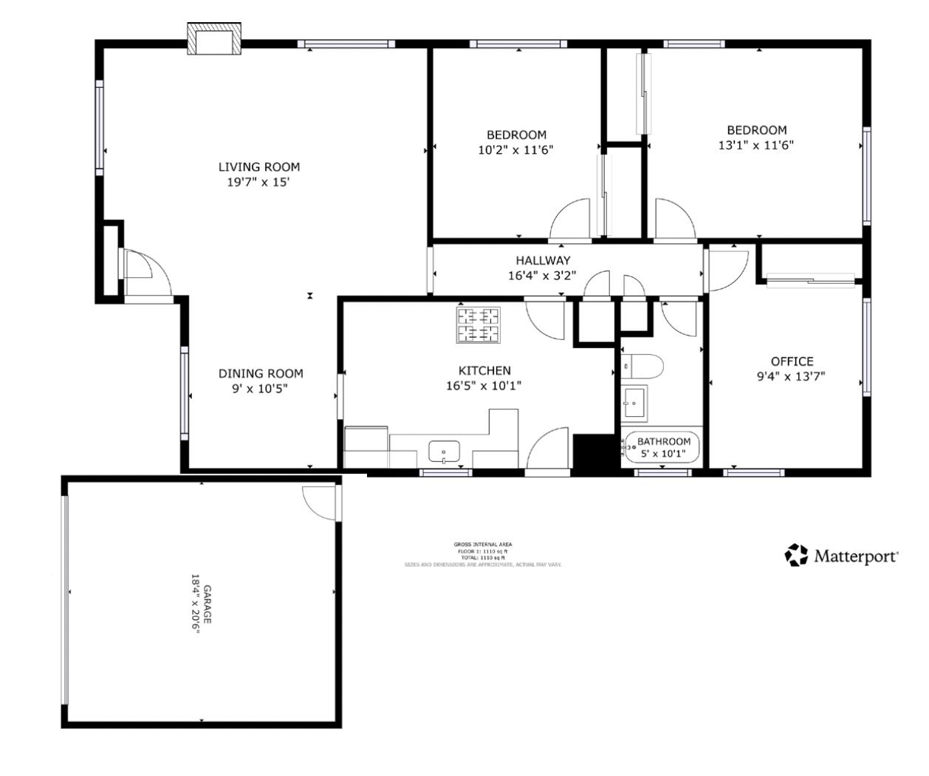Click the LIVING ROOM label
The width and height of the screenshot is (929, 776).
click(258, 167)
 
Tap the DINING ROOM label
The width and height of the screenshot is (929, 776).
click(260, 374)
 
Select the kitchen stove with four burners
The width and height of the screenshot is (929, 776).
click(478, 325)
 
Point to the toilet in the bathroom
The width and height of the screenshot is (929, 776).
click(642, 366)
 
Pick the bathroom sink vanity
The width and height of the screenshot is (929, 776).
click(634, 402)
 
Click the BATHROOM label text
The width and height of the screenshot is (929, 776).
click(663, 442)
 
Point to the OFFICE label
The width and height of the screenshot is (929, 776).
click(792, 361)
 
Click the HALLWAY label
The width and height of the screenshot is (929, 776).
click(543, 260)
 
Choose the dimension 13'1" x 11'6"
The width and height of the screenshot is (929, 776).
click(755, 146)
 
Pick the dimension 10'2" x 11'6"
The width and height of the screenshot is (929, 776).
click(515, 149)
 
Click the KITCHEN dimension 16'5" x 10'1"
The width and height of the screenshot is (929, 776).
click(484, 385)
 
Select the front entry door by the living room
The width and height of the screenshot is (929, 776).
click(140, 272)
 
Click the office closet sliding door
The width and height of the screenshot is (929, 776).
click(810, 280)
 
